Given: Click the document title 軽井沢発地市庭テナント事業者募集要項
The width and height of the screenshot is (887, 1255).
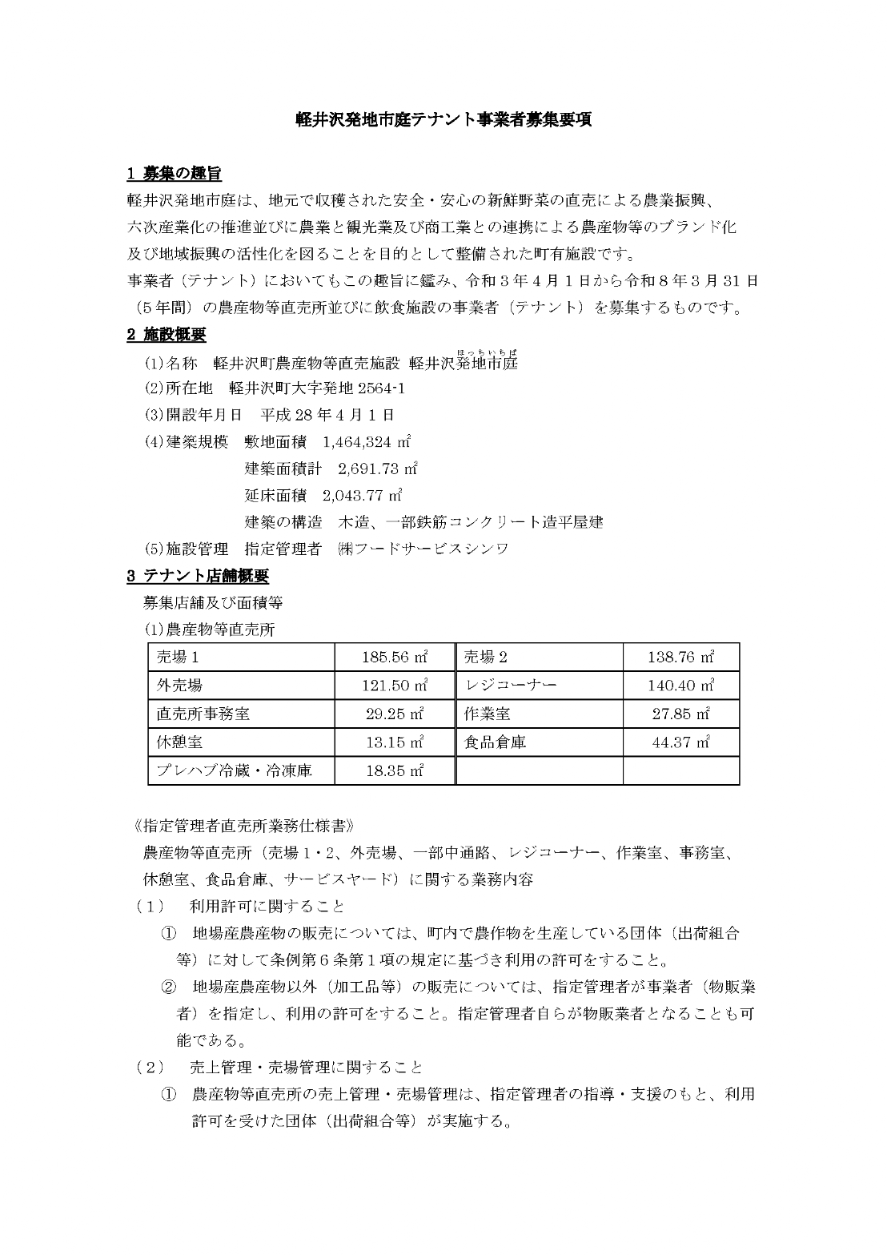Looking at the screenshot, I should click(x=444, y=120).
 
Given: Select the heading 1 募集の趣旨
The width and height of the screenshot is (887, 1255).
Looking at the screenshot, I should click(x=174, y=173).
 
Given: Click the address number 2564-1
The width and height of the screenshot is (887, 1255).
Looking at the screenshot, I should click(x=373, y=388).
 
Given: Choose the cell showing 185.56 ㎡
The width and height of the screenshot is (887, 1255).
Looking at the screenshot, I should click(x=395, y=658).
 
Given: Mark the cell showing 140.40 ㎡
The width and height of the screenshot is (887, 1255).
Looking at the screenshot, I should click(x=680, y=686).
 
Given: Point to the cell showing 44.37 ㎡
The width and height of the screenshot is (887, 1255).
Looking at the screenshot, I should click(x=680, y=742).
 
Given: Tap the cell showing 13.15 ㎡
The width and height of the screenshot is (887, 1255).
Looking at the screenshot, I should click(x=395, y=742).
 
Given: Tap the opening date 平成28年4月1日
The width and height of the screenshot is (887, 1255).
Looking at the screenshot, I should click(x=327, y=415).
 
